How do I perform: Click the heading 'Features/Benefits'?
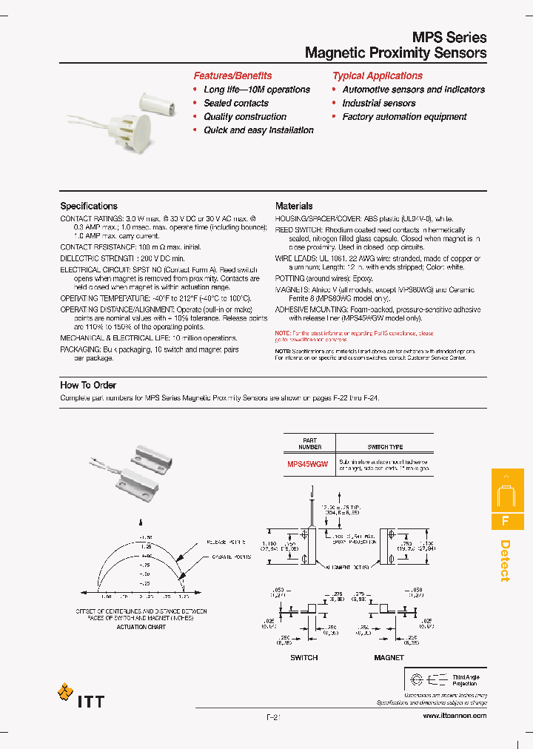pyautogui.click(x=232, y=75)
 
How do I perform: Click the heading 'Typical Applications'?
pyautogui.click(x=378, y=75)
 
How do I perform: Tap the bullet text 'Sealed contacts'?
pyautogui.click(x=236, y=103)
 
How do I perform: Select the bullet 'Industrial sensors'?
pyautogui.click(x=379, y=103)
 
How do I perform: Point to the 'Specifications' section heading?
pyautogui.click(x=89, y=206)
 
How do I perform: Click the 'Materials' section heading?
pyautogui.click(x=294, y=206)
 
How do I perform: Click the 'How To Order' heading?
pyautogui.click(x=88, y=385)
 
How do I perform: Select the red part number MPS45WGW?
pyautogui.click(x=308, y=464)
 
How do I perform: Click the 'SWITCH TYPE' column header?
pyautogui.click(x=385, y=447)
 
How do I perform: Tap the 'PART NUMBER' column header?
pyautogui.click(x=310, y=444)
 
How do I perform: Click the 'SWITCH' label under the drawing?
pyautogui.click(x=304, y=657)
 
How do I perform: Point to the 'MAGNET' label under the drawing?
pyautogui.click(x=389, y=657)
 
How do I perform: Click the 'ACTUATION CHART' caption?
pyautogui.click(x=141, y=626)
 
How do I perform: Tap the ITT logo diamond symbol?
pyautogui.click(x=65, y=693)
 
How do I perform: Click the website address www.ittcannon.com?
pyautogui.click(x=455, y=716)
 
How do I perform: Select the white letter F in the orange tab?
pyautogui.click(x=506, y=520)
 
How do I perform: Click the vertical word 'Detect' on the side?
pyautogui.click(x=506, y=560)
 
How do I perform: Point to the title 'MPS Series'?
pyautogui.click(x=449, y=37)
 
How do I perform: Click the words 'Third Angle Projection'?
pyautogui.click(x=466, y=679)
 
